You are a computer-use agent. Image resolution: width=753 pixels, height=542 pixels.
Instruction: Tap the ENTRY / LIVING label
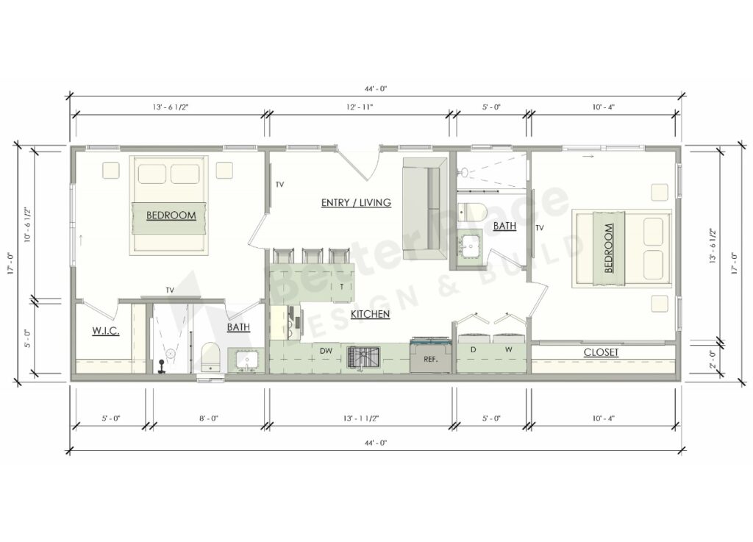356,202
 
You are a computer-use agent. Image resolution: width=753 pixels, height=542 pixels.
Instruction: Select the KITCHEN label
370,315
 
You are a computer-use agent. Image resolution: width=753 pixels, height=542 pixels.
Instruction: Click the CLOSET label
601,353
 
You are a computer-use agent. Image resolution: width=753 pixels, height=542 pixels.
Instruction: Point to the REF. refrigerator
431,359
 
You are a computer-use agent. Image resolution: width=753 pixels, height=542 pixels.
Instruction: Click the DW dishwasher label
325,352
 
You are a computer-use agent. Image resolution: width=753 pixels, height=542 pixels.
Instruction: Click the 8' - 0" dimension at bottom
208,418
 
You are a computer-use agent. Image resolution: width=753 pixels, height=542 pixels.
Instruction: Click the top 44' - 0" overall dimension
375,88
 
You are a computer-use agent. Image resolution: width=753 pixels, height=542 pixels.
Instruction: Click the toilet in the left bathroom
211,355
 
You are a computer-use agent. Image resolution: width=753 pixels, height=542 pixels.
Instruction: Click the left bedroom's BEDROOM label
171,215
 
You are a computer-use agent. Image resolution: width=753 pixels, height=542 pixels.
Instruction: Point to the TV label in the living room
279,185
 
